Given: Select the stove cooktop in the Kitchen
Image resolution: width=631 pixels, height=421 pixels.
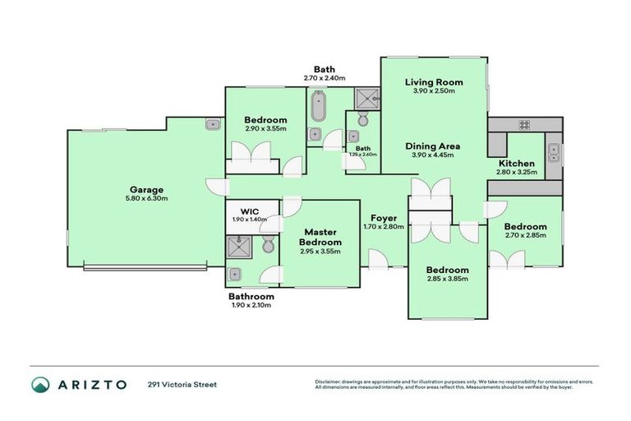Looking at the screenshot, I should coord(523,125).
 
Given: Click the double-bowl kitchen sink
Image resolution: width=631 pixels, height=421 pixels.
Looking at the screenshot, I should coord(555,150).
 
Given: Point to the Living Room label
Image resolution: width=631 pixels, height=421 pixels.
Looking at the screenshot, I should coord(434,82).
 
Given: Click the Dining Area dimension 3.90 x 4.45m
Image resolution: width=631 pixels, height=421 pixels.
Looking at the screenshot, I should coord(434,155).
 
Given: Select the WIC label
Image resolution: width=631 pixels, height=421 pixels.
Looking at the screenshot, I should coord(249,211).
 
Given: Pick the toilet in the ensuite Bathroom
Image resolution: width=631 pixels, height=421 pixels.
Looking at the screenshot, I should coord(267,245).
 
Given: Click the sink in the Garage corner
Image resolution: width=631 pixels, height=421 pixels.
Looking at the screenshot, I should coord(212,125).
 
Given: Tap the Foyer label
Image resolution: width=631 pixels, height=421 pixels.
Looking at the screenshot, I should coord(384,218).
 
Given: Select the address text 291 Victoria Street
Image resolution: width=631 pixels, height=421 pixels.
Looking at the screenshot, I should coord(182,384).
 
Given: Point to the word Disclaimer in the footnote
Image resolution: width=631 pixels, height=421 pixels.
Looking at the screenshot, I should coord(330,382).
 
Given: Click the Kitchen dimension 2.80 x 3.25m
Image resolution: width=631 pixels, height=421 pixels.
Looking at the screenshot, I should coord(517,173).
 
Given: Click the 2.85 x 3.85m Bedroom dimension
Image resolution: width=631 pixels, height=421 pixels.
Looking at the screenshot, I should coord(447,279).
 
